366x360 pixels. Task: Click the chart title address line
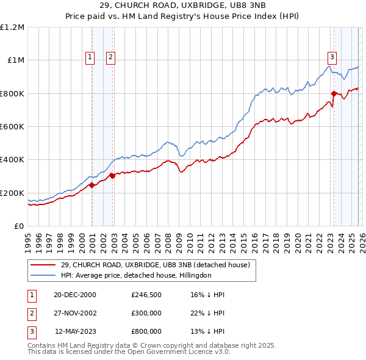click(x=183, y=7)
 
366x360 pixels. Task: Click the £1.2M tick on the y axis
click(x=12, y=27)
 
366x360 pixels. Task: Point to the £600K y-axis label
click(x=12, y=127)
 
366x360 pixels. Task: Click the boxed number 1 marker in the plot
click(x=90, y=57)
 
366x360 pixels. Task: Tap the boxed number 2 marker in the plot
click(x=110, y=57)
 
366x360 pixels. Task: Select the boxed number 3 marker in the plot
click(x=332, y=57)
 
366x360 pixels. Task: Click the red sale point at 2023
click(x=334, y=93)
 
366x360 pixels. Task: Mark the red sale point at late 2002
click(x=112, y=176)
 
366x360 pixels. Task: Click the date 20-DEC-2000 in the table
click(x=75, y=295)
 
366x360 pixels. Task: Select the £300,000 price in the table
click(x=146, y=313)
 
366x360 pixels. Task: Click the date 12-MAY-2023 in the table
click(x=75, y=331)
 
